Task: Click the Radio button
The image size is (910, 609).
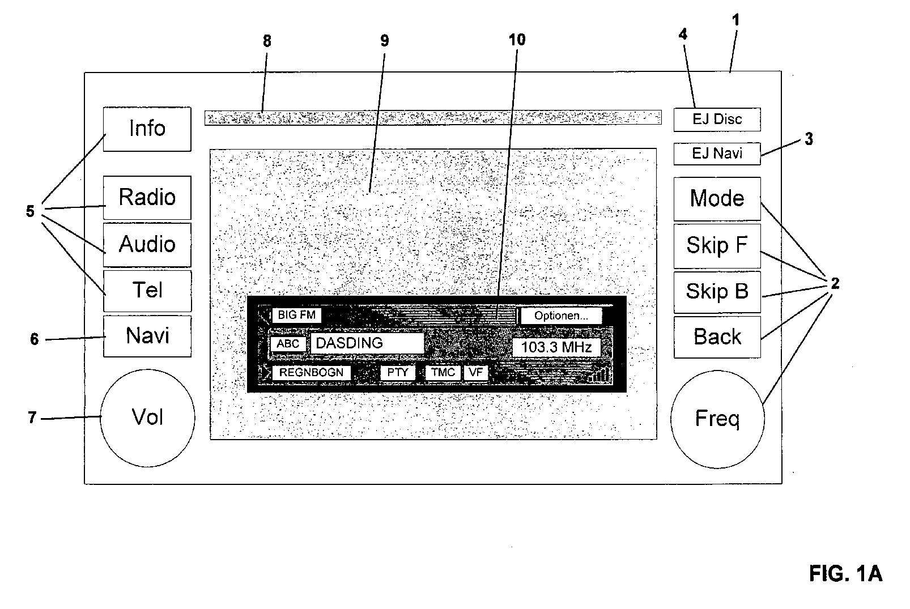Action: click(x=147, y=198)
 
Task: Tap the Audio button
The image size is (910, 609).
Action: click(x=147, y=245)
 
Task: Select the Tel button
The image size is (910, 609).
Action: click(x=147, y=291)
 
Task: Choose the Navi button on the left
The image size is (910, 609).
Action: click(x=147, y=337)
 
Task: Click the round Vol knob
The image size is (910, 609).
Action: click(x=147, y=418)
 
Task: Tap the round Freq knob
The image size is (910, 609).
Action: click(x=717, y=419)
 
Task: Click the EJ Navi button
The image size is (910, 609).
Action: click(x=717, y=154)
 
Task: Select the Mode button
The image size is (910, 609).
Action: click(x=717, y=199)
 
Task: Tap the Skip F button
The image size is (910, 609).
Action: click(x=717, y=246)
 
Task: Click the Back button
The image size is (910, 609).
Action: click(x=717, y=337)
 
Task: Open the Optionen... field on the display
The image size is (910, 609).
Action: click(x=561, y=316)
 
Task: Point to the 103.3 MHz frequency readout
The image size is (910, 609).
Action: click(x=556, y=347)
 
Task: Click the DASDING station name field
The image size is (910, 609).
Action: click(x=367, y=343)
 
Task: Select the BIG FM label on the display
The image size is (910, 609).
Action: click(x=296, y=315)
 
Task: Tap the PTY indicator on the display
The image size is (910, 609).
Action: click(x=398, y=373)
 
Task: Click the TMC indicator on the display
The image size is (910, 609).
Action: click(x=443, y=373)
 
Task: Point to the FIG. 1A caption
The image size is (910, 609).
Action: click(x=846, y=573)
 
